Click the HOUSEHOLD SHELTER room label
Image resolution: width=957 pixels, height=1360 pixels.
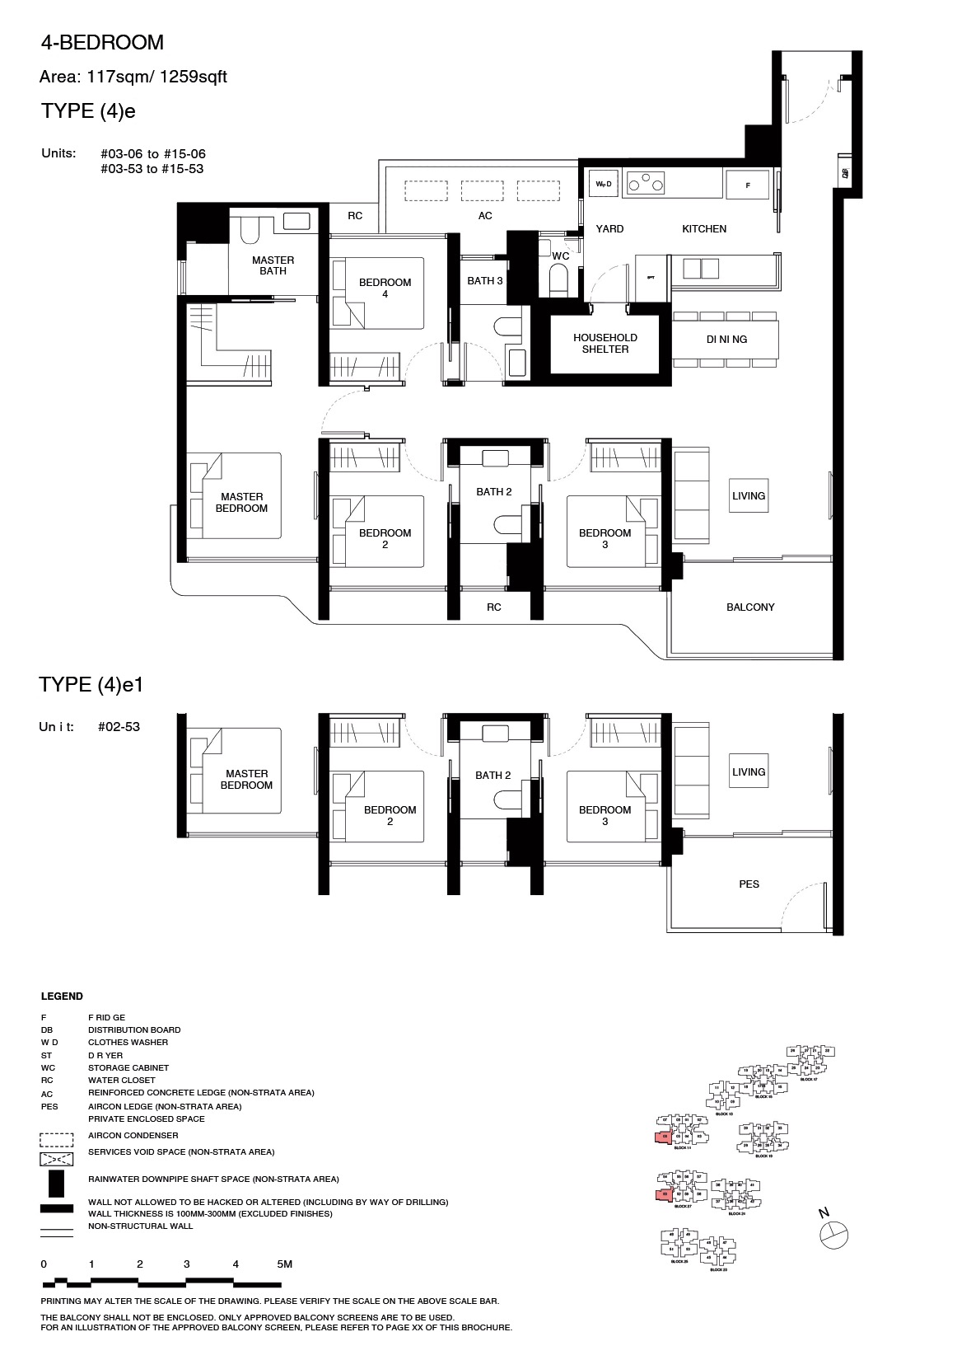[605, 343]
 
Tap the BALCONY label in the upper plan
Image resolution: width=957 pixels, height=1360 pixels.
[750, 607]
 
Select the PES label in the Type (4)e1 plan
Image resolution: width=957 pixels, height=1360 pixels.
[749, 884]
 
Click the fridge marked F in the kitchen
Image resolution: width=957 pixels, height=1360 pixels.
[748, 185]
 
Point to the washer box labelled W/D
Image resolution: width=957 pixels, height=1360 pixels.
[604, 185]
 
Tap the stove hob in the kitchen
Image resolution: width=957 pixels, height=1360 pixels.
[645, 183]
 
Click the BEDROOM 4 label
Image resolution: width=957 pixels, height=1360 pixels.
[385, 288]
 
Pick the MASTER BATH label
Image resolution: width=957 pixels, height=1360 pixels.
[273, 265]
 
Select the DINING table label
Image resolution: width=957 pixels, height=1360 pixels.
[726, 339]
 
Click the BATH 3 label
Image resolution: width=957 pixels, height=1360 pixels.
[484, 281]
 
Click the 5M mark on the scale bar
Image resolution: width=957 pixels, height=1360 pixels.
[284, 1264]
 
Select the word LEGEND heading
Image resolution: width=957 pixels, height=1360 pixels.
[62, 996]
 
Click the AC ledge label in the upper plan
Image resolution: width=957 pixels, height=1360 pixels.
[485, 215]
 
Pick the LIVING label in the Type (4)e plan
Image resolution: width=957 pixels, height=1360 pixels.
[748, 495]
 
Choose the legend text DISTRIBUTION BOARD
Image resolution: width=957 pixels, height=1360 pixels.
[133, 1029]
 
